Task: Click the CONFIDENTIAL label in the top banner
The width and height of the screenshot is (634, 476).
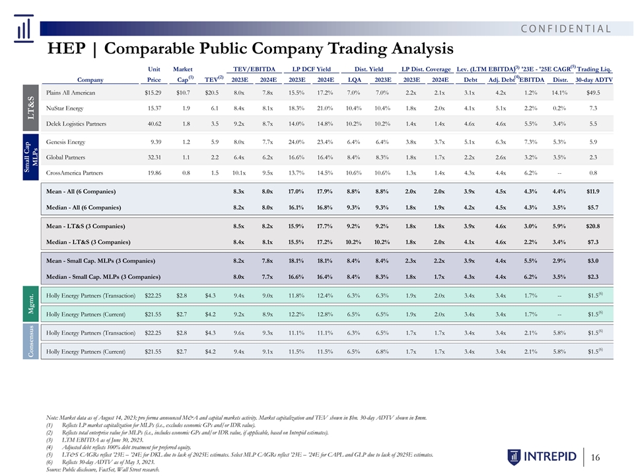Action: tap(566, 28)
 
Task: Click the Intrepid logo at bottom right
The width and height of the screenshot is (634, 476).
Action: tap(542, 457)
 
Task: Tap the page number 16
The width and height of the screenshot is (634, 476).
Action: tap(595, 457)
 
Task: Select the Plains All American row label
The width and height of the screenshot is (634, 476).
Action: tap(71, 93)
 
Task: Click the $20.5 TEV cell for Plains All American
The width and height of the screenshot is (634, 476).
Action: tap(211, 93)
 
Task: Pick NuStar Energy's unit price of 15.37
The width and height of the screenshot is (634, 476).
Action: tap(154, 108)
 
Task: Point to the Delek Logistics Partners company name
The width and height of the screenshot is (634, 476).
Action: tap(76, 124)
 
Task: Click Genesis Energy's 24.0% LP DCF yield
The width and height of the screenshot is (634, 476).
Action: tap(296, 141)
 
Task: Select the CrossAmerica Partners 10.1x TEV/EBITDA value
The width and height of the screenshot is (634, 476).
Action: tap(238, 173)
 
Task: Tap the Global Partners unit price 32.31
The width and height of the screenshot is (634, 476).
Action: tap(154, 157)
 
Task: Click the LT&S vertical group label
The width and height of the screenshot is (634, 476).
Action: tap(31, 108)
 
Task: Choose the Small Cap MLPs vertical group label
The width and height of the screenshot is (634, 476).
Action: tap(31, 157)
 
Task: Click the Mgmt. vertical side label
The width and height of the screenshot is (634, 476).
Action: tap(31, 304)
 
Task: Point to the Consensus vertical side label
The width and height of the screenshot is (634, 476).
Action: tap(31, 342)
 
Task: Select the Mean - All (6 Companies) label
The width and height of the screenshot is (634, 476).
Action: tap(81, 192)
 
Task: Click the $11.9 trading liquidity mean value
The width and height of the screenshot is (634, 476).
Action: tap(593, 192)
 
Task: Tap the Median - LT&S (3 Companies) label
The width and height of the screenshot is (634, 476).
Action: tap(88, 242)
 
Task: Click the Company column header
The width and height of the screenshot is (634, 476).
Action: tap(90, 80)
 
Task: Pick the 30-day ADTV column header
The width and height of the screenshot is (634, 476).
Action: tap(594, 80)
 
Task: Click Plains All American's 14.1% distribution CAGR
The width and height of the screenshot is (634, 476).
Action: tap(560, 93)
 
